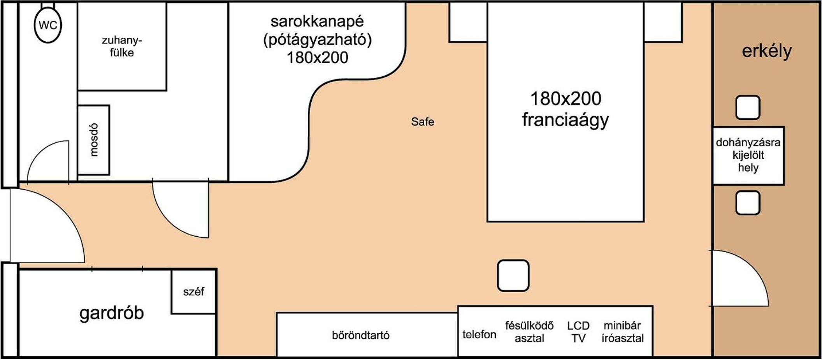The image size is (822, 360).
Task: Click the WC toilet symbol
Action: (x=48, y=25)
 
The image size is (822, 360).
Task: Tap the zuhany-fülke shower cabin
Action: (x=122, y=46)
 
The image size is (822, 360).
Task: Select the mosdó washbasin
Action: (x=93, y=140)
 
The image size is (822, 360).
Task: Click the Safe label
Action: (x=422, y=122)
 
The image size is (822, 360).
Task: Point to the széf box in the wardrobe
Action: (x=193, y=292)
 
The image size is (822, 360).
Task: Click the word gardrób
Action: (x=112, y=313)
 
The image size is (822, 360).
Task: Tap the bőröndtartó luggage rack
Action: (x=361, y=335)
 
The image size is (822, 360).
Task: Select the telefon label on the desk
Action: (x=479, y=334)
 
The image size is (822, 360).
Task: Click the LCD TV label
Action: (x=578, y=332)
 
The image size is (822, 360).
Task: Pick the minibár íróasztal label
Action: (x=622, y=332)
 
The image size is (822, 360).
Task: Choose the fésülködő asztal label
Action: (x=529, y=332)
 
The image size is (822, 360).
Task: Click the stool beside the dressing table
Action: (x=513, y=276)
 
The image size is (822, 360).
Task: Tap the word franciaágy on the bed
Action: (x=565, y=120)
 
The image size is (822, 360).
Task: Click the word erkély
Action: (x=766, y=51)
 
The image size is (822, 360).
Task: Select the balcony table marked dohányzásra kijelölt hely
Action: (x=748, y=155)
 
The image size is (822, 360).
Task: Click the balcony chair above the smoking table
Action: (x=748, y=107)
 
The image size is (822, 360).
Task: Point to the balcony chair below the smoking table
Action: (x=748, y=203)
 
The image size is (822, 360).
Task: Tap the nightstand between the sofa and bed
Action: (x=468, y=22)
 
